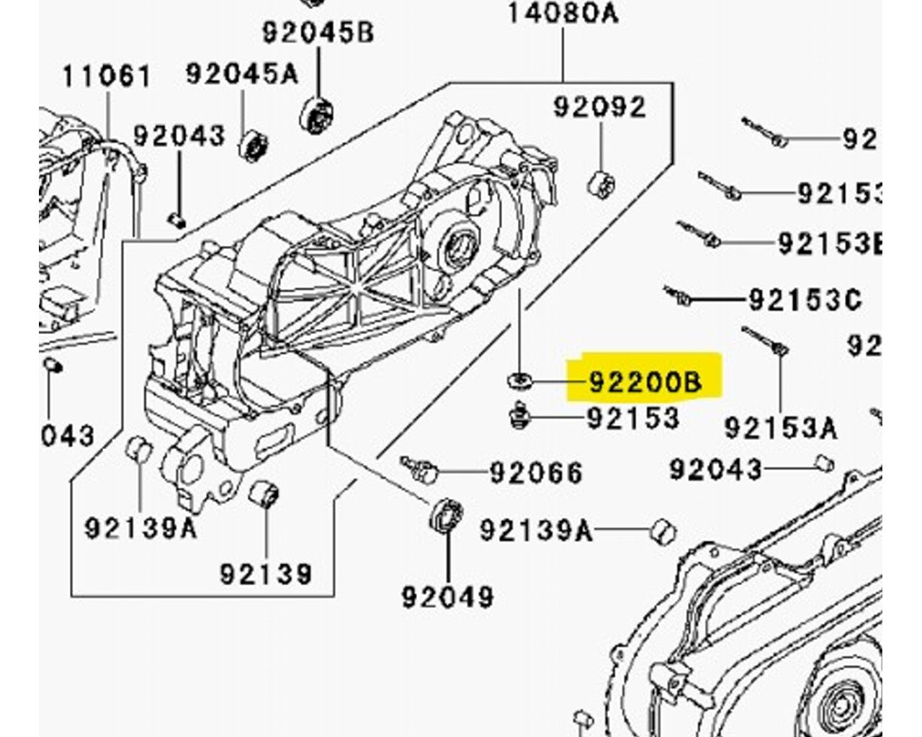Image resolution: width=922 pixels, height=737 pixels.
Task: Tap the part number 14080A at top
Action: (x=563, y=13)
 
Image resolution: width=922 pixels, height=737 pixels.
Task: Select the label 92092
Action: (x=599, y=107)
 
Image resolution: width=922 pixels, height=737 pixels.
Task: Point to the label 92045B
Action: (x=318, y=32)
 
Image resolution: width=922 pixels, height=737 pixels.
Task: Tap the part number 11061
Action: (x=107, y=76)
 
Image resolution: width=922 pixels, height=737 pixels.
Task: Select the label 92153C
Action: (x=805, y=299)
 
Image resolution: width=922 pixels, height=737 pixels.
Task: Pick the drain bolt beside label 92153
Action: (x=519, y=417)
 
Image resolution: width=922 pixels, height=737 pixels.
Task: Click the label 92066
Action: (x=536, y=472)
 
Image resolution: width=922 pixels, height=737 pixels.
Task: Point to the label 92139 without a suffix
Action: (x=266, y=574)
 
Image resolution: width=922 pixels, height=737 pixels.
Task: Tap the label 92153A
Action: (x=781, y=428)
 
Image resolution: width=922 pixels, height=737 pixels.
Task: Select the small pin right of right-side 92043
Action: (x=826, y=464)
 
